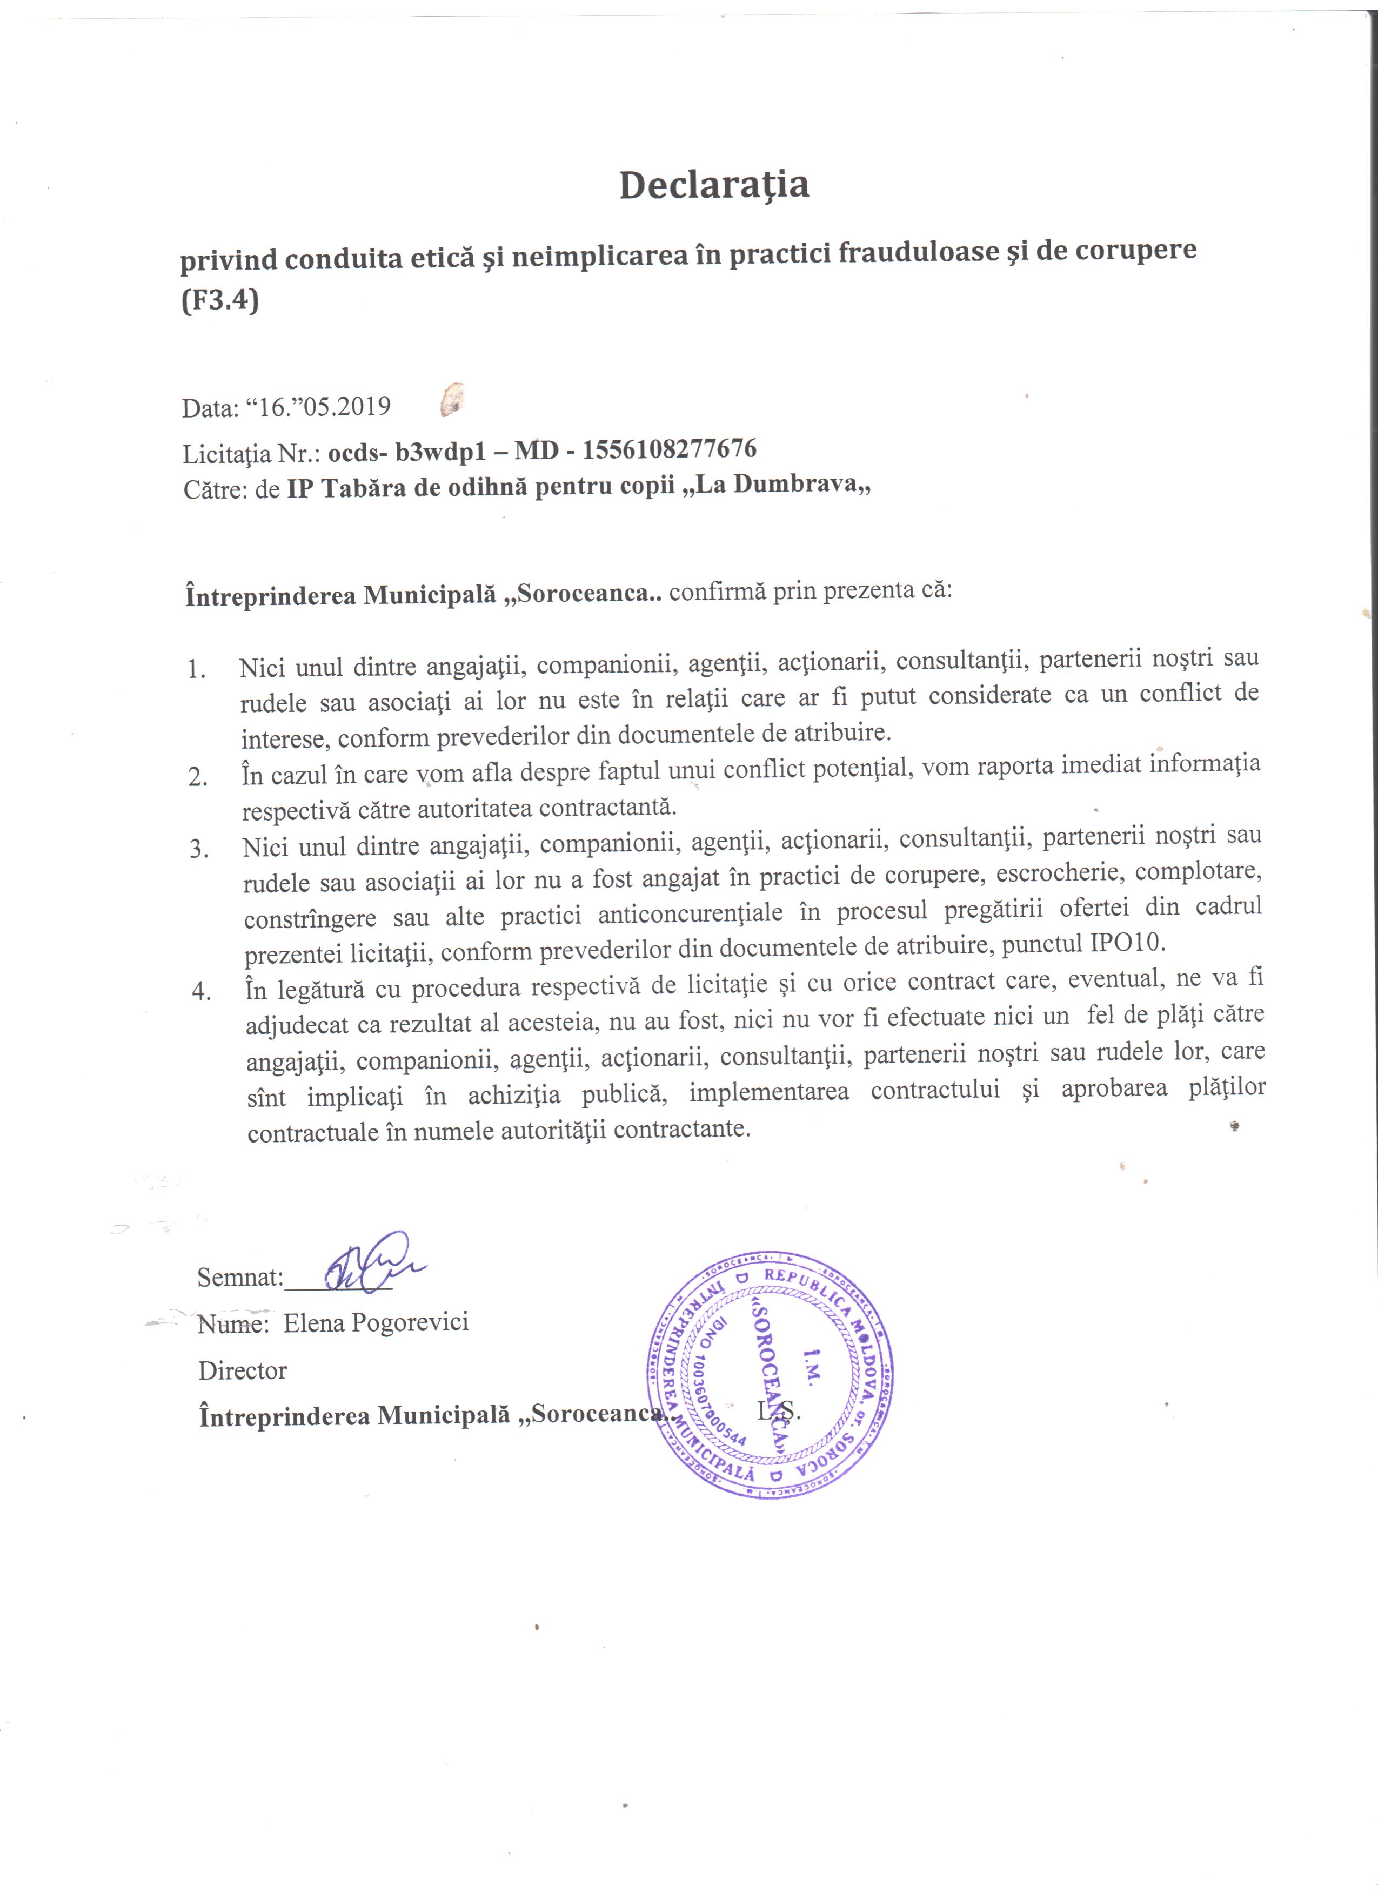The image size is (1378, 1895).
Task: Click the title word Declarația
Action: pyautogui.click(x=714, y=185)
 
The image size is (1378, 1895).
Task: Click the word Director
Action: pyautogui.click(x=242, y=1370)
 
